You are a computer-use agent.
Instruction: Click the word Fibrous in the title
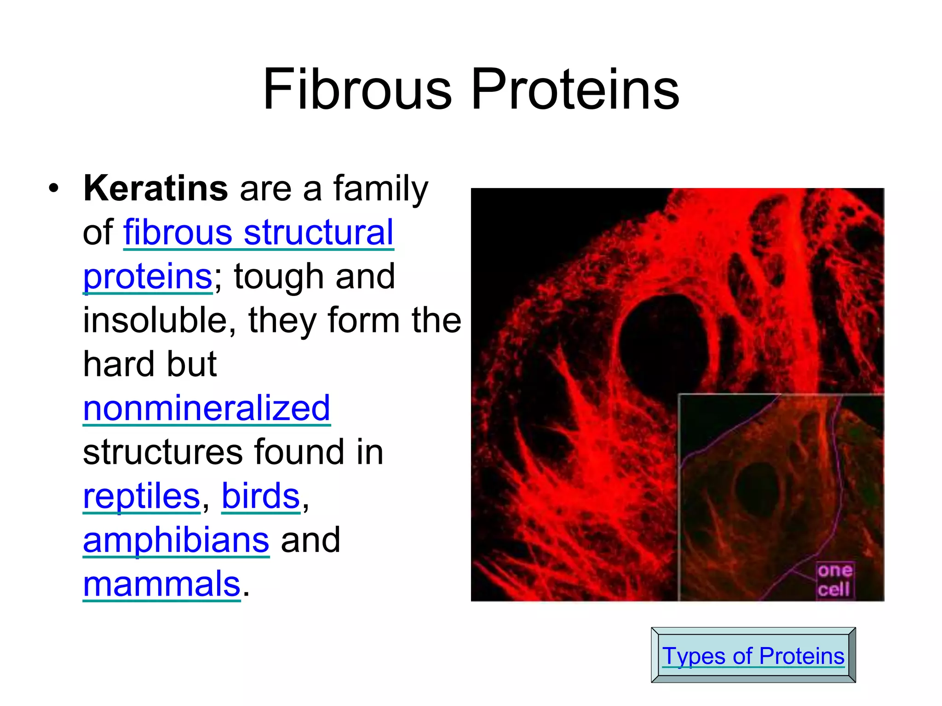[357, 90]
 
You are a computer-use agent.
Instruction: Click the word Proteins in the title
[575, 90]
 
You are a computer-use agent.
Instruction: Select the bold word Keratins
[155, 188]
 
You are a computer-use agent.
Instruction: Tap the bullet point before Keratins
[54, 188]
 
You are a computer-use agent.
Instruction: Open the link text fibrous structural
[258, 233]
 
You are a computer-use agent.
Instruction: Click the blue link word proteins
[147, 277]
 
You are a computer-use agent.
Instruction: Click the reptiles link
[141, 496]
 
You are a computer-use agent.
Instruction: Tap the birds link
[261, 496]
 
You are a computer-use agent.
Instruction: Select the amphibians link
[176, 541]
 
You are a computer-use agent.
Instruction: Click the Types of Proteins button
[753, 655]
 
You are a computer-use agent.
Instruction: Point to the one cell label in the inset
[834, 580]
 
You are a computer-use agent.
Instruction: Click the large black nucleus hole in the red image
[663, 345]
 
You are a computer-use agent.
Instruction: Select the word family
[380, 188]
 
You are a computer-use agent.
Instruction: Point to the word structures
[162, 452]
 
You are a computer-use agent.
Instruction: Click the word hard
[119, 364]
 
